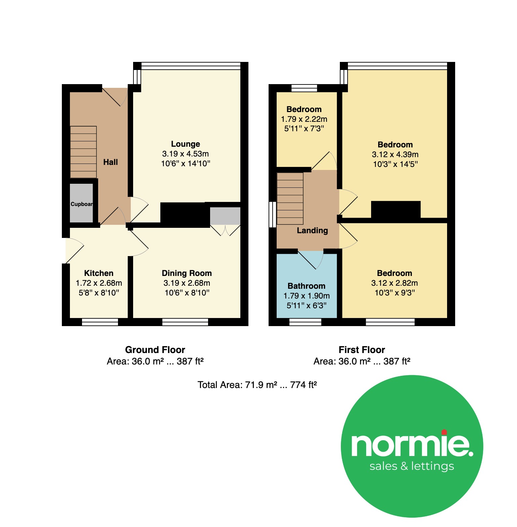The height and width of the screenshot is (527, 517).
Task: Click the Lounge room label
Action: pyautogui.click(x=186, y=144)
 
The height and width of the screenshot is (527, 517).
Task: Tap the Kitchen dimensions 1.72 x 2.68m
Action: pyautogui.click(x=99, y=283)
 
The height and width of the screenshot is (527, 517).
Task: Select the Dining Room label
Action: pyautogui.click(x=187, y=273)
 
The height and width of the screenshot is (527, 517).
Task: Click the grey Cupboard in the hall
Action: pyautogui.click(x=81, y=203)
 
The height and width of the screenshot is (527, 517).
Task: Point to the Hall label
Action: pyautogui.click(x=111, y=162)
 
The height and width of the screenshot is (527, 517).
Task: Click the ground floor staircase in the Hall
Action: pyautogui.click(x=83, y=152)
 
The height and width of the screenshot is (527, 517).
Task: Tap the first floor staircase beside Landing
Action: pyautogui.click(x=290, y=199)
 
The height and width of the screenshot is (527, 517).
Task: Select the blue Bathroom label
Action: pyautogui.click(x=307, y=286)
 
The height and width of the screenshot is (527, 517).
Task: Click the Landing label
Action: pyautogui.click(x=312, y=231)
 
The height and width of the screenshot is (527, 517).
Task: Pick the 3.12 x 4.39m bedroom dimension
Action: pyautogui.click(x=395, y=154)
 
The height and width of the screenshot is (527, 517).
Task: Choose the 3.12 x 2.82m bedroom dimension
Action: pyautogui.click(x=395, y=283)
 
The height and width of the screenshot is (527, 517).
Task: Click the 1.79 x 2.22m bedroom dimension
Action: pyautogui.click(x=304, y=119)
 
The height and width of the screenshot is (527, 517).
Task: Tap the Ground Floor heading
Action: pyautogui.click(x=155, y=350)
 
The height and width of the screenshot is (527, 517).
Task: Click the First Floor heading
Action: pyautogui.click(x=362, y=350)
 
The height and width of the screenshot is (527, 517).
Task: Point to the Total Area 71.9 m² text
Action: pyautogui.click(x=257, y=385)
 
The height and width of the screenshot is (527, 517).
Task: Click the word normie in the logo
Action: pyautogui.click(x=412, y=445)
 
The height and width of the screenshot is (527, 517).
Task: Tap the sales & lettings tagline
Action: pyautogui.click(x=412, y=466)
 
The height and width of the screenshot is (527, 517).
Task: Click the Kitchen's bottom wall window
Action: pyautogui.click(x=100, y=322)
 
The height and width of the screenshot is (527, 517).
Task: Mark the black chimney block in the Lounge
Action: pyautogui.click(x=185, y=215)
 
